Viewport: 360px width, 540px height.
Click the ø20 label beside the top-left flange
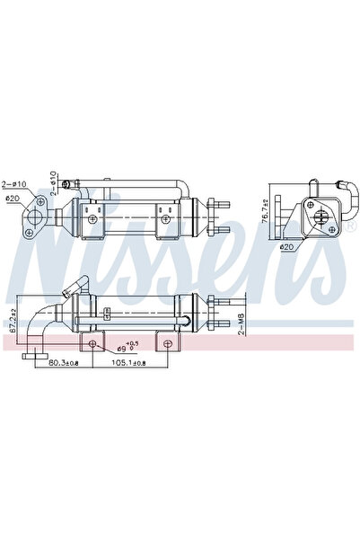tap(12, 199)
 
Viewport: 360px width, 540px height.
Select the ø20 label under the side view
tap(286, 246)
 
